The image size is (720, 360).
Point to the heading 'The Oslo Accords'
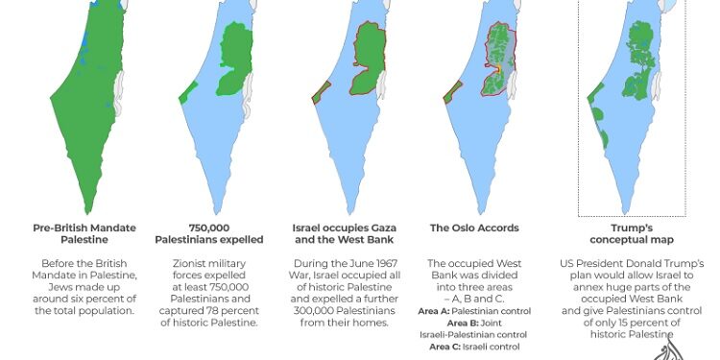tap(473, 228)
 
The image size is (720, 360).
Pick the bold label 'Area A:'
tap(435, 310)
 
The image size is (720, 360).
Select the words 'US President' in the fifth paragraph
tap(589, 263)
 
